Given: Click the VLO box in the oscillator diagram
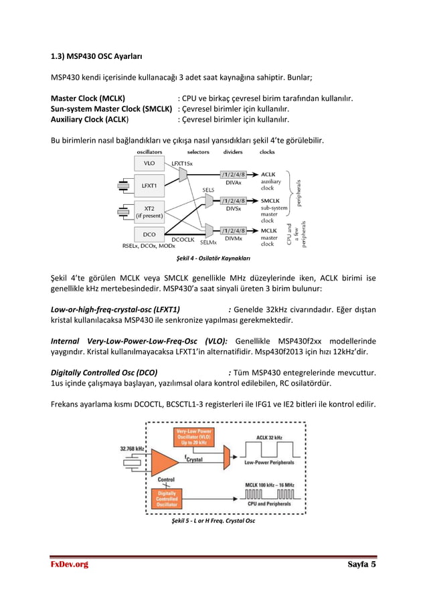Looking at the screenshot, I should pyautogui.click(x=149, y=163).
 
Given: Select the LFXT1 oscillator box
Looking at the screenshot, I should pyautogui.click(x=149, y=185).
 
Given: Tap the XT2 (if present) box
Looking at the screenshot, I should pyautogui.click(x=149, y=212).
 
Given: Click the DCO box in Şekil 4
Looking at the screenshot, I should pyautogui.click(x=149, y=234).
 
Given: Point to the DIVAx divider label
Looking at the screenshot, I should pyautogui.click(x=234, y=182).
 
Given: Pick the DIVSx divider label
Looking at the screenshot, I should pyautogui.click(x=234, y=208).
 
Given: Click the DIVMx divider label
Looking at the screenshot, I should pyautogui.click(x=234, y=238).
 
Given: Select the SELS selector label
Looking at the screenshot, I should pyautogui.click(x=208, y=190).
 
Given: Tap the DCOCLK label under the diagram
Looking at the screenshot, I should pyautogui.click(x=183, y=239).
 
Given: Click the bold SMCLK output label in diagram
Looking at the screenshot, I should pyautogui.click(x=271, y=200).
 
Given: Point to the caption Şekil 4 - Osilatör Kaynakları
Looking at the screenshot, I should pyautogui.click(x=213, y=258).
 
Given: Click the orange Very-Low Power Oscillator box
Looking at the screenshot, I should pyautogui.click(x=194, y=437).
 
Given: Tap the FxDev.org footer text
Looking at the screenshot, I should pyautogui.click(x=70, y=564).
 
